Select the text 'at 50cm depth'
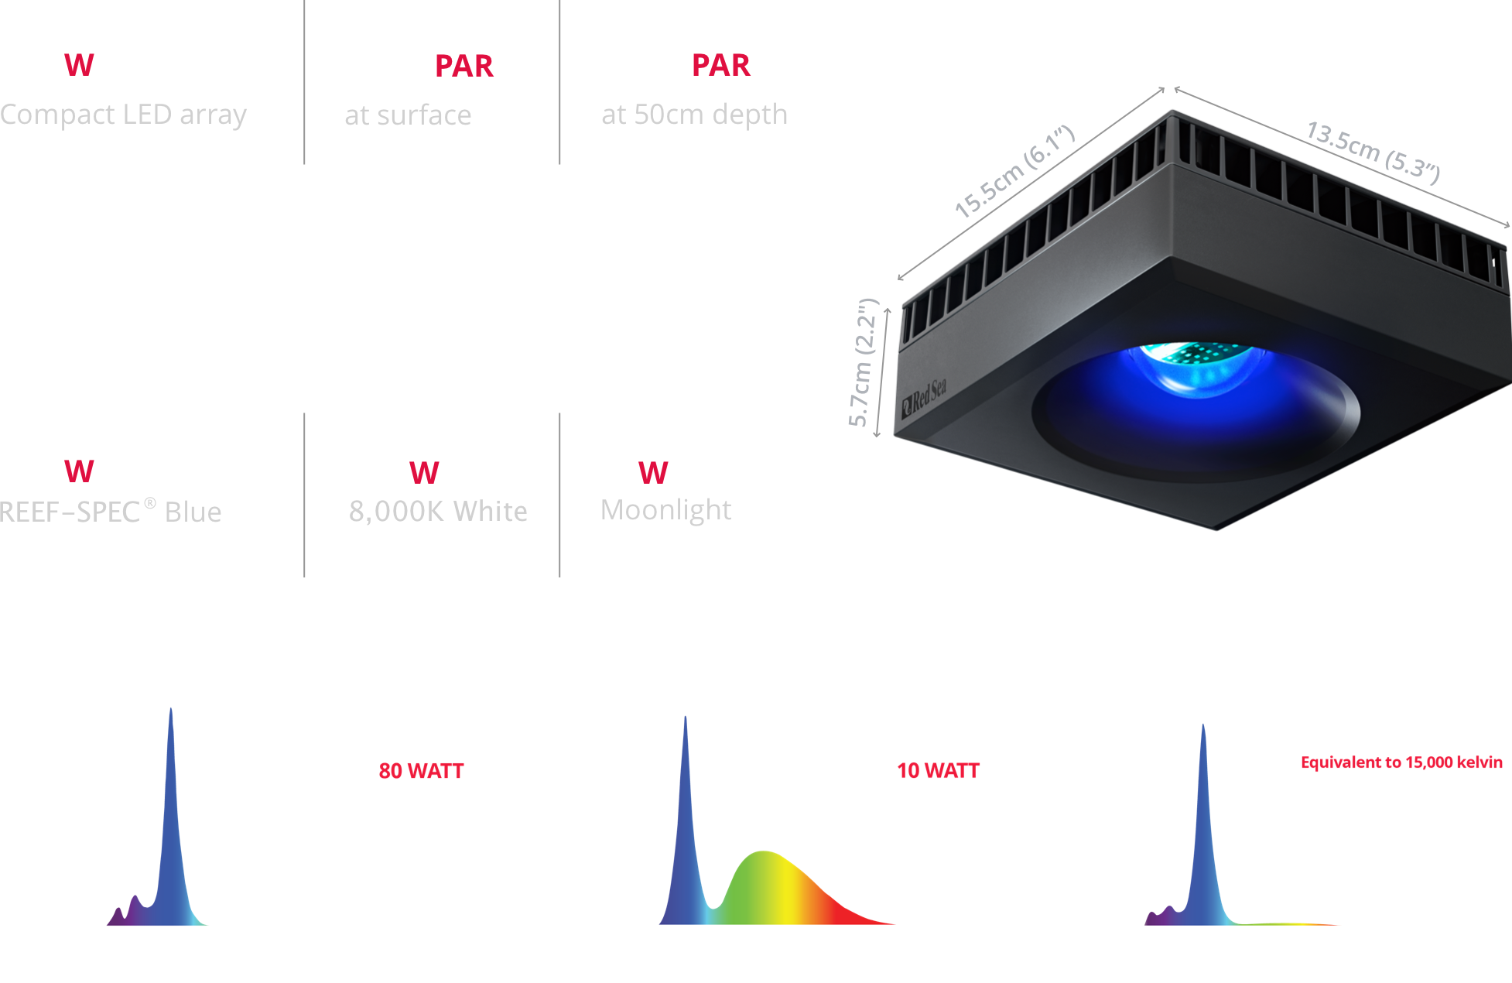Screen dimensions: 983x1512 (x=694, y=115)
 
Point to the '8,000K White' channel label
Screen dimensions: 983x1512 (x=438, y=511)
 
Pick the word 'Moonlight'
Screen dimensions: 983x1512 (x=665, y=509)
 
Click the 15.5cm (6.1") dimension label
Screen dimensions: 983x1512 (x=1014, y=172)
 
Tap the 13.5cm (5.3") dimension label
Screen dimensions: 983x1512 (x=1373, y=152)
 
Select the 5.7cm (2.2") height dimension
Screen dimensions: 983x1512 (x=864, y=362)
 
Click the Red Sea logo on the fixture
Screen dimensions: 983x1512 (x=924, y=398)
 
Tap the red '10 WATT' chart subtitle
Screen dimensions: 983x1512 (x=938, y=771)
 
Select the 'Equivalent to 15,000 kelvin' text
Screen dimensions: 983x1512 (x=1401, y=763)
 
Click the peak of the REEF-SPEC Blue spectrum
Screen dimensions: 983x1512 (x=171, y=711)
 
